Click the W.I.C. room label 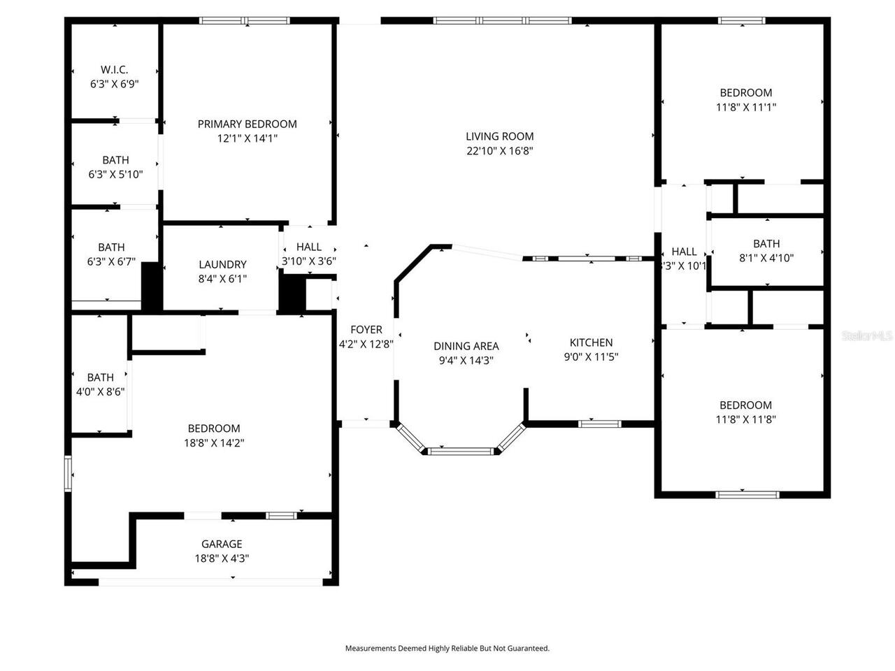(x=114, y=70)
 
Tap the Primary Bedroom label (x=247, y=124)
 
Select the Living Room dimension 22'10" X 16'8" (x=500, y=151)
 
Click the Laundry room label (x=222, y=264)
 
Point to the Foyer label (x=366, y=329)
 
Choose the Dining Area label (x=466, y=346)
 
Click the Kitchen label (x=591, y=342)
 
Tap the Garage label (x=222, y=544)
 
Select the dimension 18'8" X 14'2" (x=213, y=442)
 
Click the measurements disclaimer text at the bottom (x=447, y=649)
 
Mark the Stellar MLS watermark (x=867, y=336)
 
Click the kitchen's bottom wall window (x=601, y=424)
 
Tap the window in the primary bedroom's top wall (x=244, y=20)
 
